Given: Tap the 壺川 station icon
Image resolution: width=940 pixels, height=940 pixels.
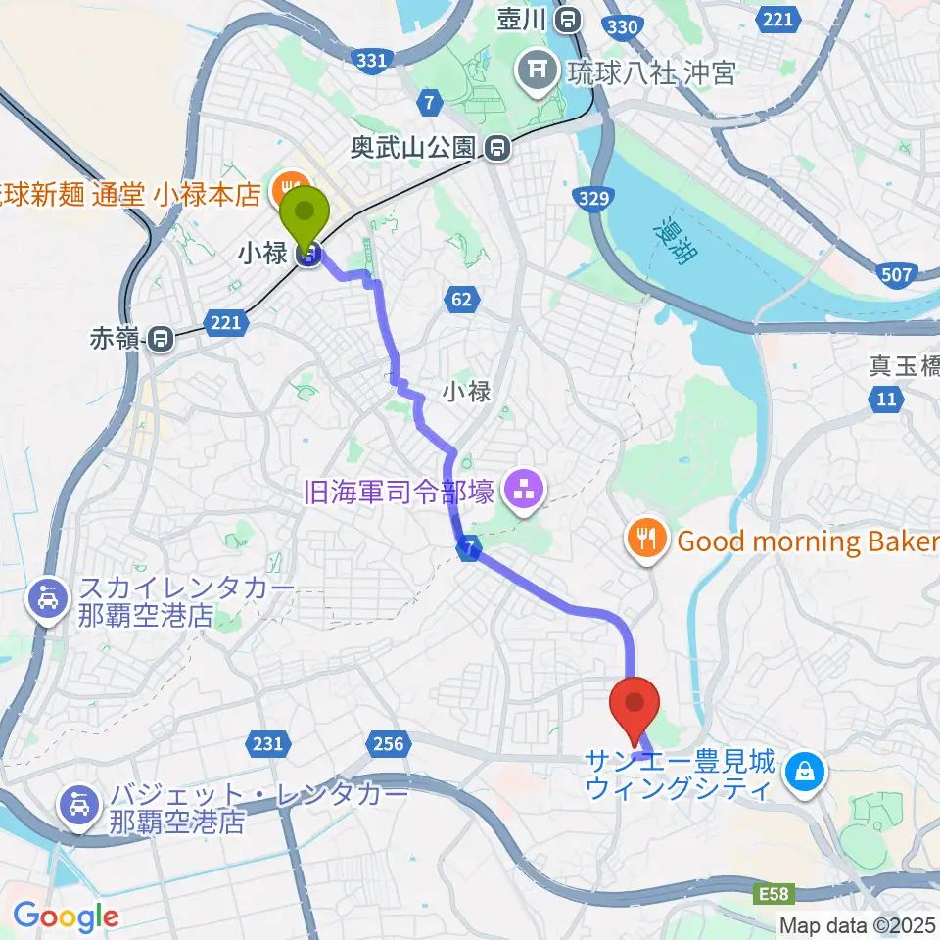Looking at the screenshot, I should click(x=566, y=19).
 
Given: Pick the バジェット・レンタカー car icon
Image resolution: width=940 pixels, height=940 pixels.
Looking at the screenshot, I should click(x=78, y=807).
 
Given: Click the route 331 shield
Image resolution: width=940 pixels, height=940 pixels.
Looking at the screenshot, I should click(x=370, y=61).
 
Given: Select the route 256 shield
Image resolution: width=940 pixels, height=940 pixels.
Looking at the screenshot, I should click(x=388, y=744).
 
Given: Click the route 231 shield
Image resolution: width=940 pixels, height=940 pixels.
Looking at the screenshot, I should click(x=267, y=744).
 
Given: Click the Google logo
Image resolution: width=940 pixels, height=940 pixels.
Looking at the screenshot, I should click(x=67, y=916).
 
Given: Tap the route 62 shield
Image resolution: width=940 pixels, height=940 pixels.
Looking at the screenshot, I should click(x=463, y=301).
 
